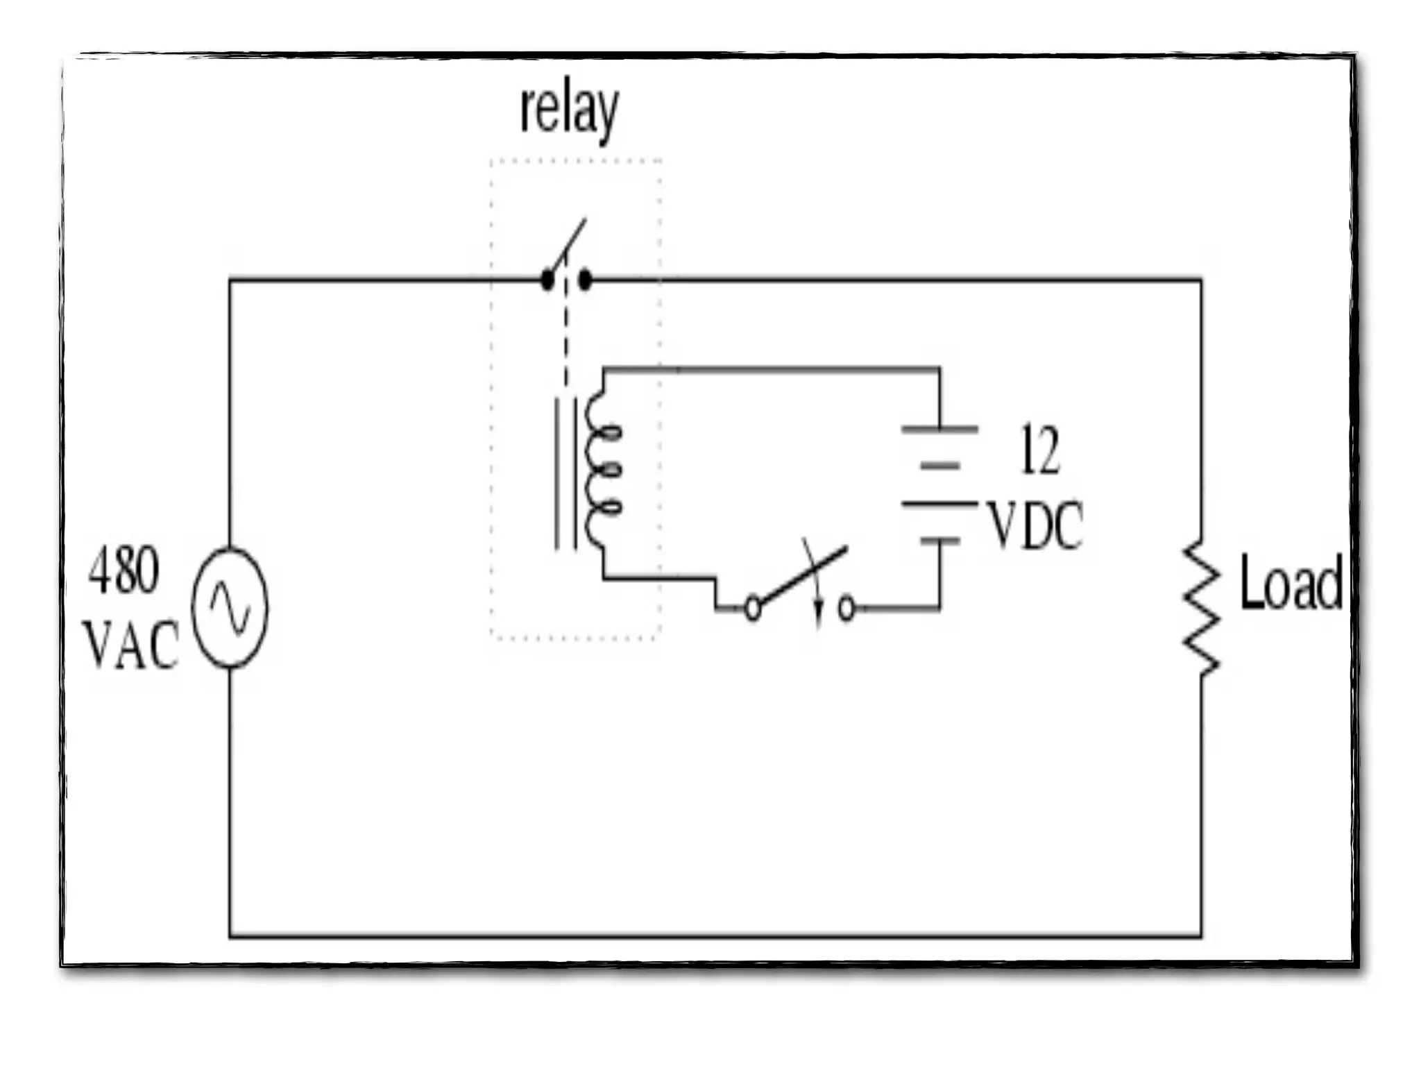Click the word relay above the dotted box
click(569, 111)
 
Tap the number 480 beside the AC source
click(124, 570)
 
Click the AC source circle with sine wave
click(230, 608)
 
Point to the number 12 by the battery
click(1039, 451)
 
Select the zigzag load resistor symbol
click(1201, 607)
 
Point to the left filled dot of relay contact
click(547, 281)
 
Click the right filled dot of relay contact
click(585, 281)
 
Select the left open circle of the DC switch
click(753, 609)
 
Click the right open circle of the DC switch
click(846, 609)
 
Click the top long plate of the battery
click(939, 430)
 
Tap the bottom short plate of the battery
click(939, 540)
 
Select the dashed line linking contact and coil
click(566, 333)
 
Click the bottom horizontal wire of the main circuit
click(715, 937)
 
